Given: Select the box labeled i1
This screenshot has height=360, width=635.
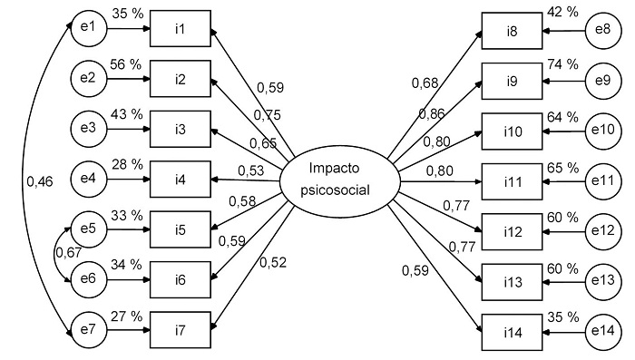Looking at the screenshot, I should coord(181,31).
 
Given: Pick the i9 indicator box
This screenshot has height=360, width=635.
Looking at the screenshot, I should coord(513,80).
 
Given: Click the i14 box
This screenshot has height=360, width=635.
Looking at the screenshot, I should coord(513,331).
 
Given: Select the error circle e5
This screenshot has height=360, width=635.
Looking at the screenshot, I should coord(88,225).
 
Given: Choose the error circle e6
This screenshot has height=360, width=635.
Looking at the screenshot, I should coord(88,274).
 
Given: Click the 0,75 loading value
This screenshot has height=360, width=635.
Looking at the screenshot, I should coord(267,114).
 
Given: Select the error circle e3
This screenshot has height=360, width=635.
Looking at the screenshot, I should coord(88,128).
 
